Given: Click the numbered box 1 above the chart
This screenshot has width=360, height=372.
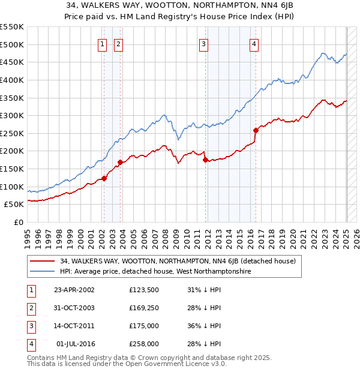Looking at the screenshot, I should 103,44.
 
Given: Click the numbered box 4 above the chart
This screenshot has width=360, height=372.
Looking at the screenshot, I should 254,44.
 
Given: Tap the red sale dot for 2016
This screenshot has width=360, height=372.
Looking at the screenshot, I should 256,130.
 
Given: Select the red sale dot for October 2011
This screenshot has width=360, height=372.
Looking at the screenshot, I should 205,160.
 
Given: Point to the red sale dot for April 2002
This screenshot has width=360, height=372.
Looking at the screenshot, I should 104,178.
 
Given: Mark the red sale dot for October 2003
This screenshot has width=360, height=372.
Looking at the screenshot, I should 120,162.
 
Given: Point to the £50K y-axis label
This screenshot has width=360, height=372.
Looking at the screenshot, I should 14,205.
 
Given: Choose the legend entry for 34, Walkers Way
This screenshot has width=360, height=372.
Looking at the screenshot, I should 177,261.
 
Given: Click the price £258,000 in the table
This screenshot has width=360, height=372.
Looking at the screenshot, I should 144,344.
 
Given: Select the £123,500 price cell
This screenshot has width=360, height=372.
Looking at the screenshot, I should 144,290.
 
